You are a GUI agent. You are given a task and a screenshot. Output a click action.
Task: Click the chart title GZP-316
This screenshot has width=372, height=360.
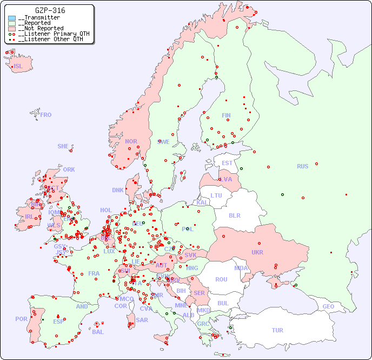tap(50, 10)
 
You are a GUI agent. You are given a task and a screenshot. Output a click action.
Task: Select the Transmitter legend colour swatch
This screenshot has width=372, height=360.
tap(12, 18)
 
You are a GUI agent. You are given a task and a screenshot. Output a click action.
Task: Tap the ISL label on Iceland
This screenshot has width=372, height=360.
tap(18, 67)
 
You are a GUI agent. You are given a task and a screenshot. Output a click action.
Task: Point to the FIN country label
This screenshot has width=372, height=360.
tap(226, 115)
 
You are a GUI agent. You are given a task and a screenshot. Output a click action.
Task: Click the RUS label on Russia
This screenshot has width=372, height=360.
tap(302, 166)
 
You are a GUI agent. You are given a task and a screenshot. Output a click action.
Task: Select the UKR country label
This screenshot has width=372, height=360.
tap(257, 252)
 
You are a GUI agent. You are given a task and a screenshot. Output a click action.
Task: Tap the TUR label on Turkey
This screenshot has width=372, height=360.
tap(277, 330)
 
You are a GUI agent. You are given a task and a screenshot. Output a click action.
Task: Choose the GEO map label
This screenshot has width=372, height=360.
tap(328, 306)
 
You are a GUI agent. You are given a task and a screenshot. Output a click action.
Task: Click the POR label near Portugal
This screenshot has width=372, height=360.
tap(21, 319)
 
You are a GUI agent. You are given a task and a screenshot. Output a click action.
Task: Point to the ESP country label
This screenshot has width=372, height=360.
tap(58, 322)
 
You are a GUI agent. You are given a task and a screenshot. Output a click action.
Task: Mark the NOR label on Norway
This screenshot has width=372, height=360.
tap(131, 141)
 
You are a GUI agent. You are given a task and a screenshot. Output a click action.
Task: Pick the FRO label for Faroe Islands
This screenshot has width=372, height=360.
tap(46, 115)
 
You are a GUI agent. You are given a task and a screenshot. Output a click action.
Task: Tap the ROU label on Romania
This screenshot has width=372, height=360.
tap(221, 279)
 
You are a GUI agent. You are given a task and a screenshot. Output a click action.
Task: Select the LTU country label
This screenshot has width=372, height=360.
tap(216, 195)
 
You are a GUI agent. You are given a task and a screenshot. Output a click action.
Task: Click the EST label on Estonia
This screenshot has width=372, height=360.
tap(227, 163)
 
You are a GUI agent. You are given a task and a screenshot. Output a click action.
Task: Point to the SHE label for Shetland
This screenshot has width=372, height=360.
tap(63, 146)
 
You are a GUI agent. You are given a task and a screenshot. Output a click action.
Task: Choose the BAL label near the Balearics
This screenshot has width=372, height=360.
tap(97, 332)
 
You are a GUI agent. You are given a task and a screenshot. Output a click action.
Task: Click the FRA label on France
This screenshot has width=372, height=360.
tap(94, 273)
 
